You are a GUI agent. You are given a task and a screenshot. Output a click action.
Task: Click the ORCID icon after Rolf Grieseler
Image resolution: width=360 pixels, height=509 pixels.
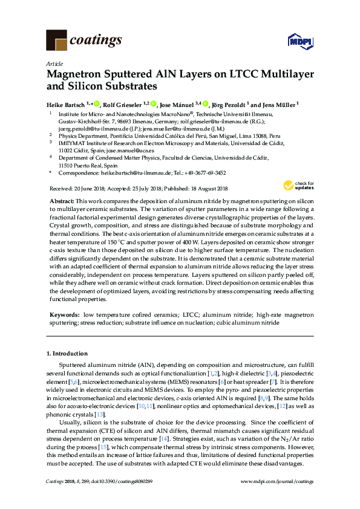154,103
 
